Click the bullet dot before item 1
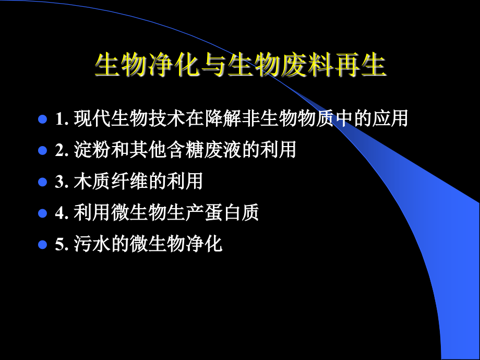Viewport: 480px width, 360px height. tap(43, 119)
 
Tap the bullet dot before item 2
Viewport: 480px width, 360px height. tap(43, 151)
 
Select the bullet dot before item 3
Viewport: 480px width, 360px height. tap(43, 182)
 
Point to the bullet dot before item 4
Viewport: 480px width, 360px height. tap(43, 213)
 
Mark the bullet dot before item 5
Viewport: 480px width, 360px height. tap(43, 244)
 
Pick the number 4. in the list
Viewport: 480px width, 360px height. tap(62, 213)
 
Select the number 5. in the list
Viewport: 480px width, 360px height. tap(62, 245)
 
